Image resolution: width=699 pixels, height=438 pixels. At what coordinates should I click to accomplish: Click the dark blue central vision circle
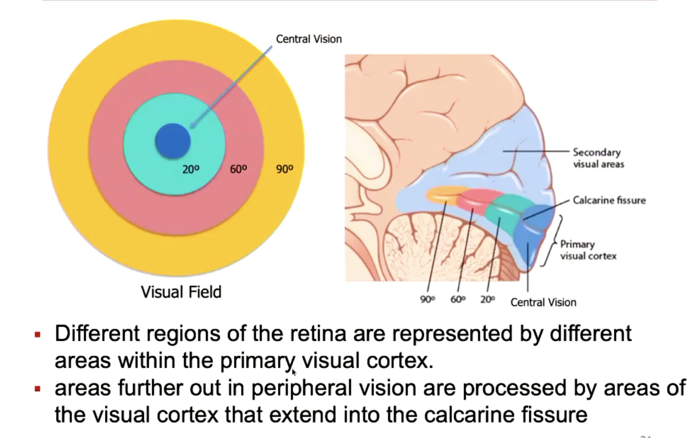(x=173, y=141)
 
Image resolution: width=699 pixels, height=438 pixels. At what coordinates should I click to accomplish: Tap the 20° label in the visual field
(x=191, y=169)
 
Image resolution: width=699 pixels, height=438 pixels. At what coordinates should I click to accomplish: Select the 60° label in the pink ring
(x=238, y=169)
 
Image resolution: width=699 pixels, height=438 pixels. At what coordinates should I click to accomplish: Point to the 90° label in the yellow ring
(x=284, y=169)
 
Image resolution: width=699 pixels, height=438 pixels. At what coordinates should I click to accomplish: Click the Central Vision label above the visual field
(x=309, y=39)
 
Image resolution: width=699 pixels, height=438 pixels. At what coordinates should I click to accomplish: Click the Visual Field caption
(x=181, y=292)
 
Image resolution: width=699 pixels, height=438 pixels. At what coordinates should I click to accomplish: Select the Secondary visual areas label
(x=598, y=158)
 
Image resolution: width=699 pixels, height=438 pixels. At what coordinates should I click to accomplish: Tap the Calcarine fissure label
(x=609, y=200)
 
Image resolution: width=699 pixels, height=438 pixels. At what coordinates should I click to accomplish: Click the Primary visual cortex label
(x=588, y=250)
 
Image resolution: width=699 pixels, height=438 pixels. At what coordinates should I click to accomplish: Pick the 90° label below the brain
(x=427, y=299)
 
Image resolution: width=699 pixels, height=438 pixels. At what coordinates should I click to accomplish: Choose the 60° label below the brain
(x=458, y=299)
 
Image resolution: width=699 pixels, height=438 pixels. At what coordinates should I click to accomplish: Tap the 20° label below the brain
(x=487, y=299)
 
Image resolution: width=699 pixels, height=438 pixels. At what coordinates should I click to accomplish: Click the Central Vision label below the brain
(x=543, y=302)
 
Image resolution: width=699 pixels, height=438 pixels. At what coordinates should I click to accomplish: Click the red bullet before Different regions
(x=37, y=335)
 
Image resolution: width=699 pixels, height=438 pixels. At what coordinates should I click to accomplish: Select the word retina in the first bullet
(x=318, y=334)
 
